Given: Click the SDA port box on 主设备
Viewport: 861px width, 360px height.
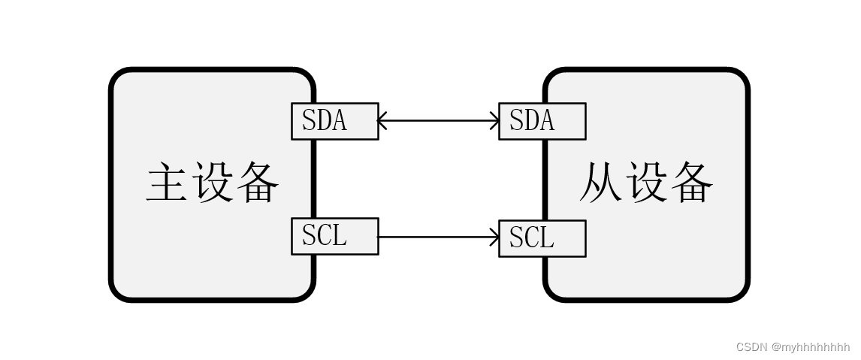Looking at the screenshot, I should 334,121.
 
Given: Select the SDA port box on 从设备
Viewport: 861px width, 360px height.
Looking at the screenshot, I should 542,121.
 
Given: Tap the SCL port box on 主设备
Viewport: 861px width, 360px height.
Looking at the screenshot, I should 334,236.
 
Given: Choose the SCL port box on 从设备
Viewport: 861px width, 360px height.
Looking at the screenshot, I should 542,238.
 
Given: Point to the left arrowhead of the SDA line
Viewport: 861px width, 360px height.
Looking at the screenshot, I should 382,119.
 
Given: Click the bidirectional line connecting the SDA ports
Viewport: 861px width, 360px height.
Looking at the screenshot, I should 438,119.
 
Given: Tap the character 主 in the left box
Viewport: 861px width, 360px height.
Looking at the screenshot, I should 166,182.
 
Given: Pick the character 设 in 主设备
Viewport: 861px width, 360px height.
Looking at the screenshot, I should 212,182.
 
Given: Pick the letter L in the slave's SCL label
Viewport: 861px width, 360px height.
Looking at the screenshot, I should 547,238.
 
